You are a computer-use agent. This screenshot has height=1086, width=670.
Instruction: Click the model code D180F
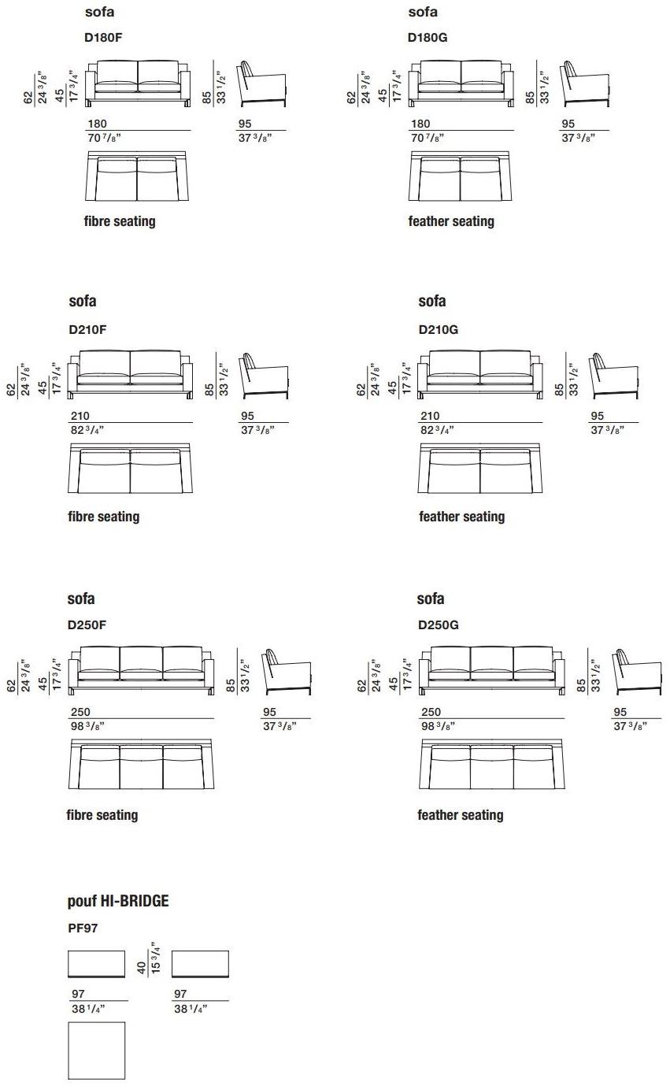tap(103, 37)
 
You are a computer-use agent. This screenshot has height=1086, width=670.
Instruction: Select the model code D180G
tap(428, 37)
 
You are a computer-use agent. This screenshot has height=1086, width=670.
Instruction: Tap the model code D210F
tap(87, 330)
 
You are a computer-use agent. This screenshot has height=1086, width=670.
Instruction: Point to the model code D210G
tap(439, 330)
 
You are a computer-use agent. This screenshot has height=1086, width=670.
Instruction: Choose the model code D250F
tap(87, 625)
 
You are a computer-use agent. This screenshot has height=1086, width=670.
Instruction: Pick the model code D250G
tap(439, 625)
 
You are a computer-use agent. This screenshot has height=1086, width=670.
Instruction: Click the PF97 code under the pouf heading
tap(83, 928)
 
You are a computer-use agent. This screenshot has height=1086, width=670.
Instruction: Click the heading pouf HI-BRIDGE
tap(118, 901)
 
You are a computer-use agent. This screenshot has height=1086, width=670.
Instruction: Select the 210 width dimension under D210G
tap(430, 416)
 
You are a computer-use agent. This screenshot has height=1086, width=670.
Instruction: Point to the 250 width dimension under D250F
tap(80, 712)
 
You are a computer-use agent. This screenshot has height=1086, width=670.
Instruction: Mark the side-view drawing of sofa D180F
tap(262, 83)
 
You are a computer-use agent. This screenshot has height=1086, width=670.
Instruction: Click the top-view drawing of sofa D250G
tap(492, 765)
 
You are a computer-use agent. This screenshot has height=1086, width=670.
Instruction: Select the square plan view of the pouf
tap(97, 1051)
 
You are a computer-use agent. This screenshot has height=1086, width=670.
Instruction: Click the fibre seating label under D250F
tap(102, 815)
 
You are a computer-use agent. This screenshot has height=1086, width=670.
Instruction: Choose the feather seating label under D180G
tap(451, 221)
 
